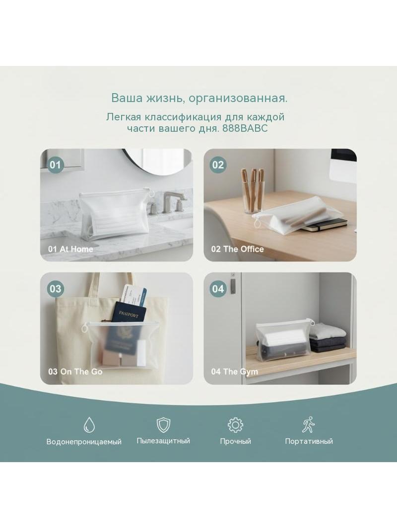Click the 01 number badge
(55, 164)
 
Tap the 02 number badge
(218, 164)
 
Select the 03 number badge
(55, 289)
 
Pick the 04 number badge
(218, 289)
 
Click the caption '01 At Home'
(70, 249)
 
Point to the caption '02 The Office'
(238, 249)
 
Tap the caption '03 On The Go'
(75, 372)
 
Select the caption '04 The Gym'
(234, 372)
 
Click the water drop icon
(89, 424)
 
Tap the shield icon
(164, 424)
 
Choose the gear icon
(235, 424)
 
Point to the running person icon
(308, 424)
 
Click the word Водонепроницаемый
(84, 442)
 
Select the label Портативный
(309, 441)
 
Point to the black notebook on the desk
(325, 224)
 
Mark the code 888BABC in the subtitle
(245, 128)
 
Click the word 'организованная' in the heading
(238, 99)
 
